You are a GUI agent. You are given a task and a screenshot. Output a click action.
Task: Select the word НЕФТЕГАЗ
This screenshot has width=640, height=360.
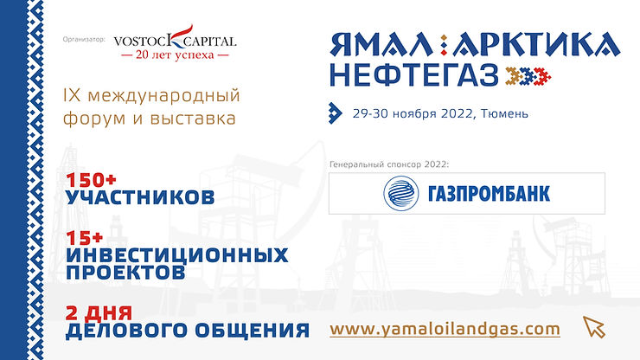[x=413, y=77]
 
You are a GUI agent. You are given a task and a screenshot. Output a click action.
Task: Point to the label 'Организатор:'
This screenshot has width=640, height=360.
[x=84, y=40]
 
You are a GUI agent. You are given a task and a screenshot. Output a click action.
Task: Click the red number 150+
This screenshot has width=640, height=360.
[x=95, y=182]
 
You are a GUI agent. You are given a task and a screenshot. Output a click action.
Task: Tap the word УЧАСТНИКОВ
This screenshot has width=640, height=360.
[x=140, y=198]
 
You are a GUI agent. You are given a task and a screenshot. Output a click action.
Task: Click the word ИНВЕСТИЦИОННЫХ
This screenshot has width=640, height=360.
[x=177, y=255]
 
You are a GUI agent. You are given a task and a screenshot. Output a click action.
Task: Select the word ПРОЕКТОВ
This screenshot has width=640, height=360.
[x=125, y=272]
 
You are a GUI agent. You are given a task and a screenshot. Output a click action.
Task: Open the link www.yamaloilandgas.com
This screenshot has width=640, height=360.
[x=445, y=329]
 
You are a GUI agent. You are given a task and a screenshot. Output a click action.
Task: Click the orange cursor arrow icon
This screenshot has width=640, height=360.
[x=593, y=326]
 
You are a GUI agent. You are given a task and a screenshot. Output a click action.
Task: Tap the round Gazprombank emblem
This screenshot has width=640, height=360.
[x=400, y=193]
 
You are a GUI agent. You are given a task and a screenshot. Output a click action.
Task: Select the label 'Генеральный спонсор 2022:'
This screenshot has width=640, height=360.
[x=390, y=164]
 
